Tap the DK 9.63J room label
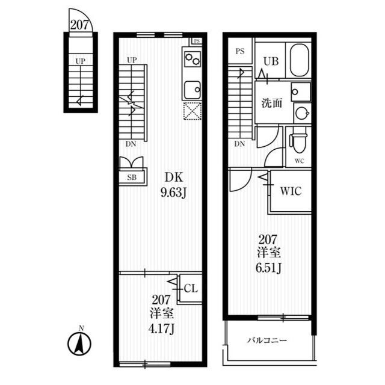tap(174, 185)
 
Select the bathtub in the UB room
tap(299, 60)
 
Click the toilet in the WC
tap(298, 140)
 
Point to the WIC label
tap(291, 191)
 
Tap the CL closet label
tap(191, 289)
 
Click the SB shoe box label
tap(132, 177)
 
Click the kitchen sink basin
tap(192, 90)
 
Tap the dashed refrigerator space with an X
tap(192, 111)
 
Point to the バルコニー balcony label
tap(267, 340)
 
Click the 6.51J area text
tap(268, 268)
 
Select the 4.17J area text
tap(161, 329)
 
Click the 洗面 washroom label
tap(272, 103)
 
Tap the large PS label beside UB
tap(240, 51)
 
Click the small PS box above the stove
tap(197, 41)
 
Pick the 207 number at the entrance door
tap(79, 25)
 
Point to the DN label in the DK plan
tap(131, 144)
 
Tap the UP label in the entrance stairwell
tap(80, 61)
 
